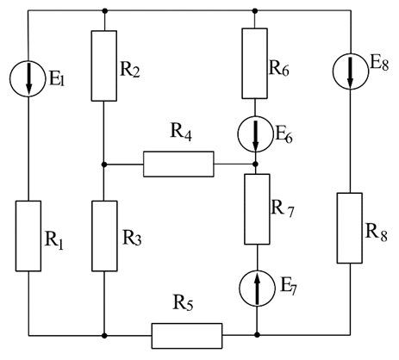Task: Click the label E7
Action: pos(288,287)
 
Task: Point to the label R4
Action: pos(181,132)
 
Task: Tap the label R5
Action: pos(183,302)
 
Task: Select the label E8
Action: pos(379,64)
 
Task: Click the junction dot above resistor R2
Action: pos(105,11)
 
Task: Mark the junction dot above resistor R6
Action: pos(255,11)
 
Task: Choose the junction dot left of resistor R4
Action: pos(104,164)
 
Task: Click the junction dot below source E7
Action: pos(257,335)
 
